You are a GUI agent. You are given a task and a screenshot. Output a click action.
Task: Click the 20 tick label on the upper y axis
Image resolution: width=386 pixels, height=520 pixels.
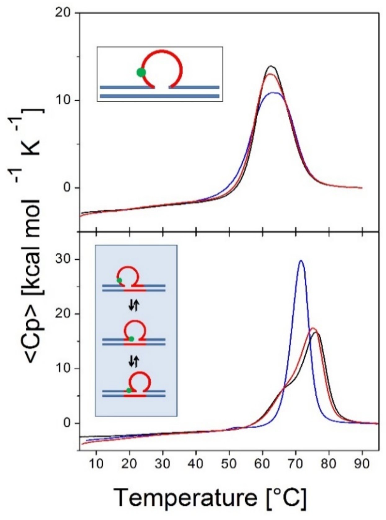pos(65,13)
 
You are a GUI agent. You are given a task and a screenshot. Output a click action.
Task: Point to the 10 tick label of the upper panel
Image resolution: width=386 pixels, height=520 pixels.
pos(65,100)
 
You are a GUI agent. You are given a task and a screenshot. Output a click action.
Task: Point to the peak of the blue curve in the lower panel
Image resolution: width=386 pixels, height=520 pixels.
pos(301,261)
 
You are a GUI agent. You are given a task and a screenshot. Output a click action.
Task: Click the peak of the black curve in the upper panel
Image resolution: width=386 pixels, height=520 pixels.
pos(271,66)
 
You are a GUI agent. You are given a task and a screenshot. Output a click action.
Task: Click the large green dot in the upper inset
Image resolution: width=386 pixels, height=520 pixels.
pos(141,72)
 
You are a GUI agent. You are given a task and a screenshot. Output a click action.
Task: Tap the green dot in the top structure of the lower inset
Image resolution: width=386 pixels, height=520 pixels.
pos(119,280)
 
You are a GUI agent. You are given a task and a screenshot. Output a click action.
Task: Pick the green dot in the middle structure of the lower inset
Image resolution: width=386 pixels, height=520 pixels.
pos(131,339)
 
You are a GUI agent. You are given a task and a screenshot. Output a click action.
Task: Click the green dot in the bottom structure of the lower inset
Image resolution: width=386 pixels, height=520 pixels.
pos(129,390)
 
